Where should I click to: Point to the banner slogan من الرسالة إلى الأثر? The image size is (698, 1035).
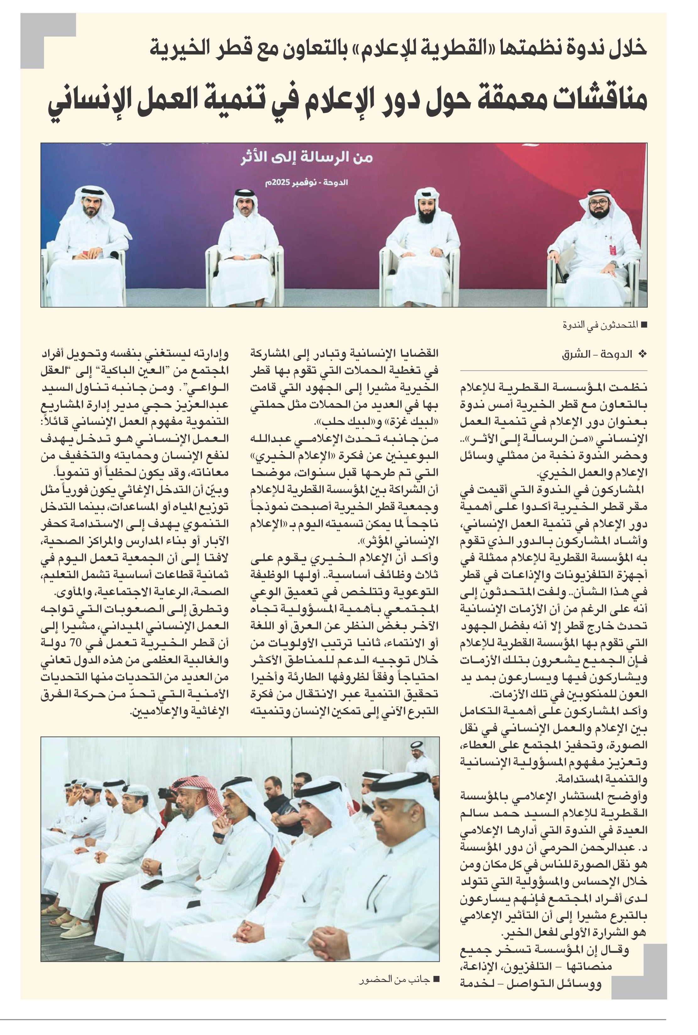click(x=306, y=158)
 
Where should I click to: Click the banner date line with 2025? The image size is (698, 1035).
click(x=306, y=183)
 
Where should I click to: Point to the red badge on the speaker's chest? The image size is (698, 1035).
click(x=613, y=249)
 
